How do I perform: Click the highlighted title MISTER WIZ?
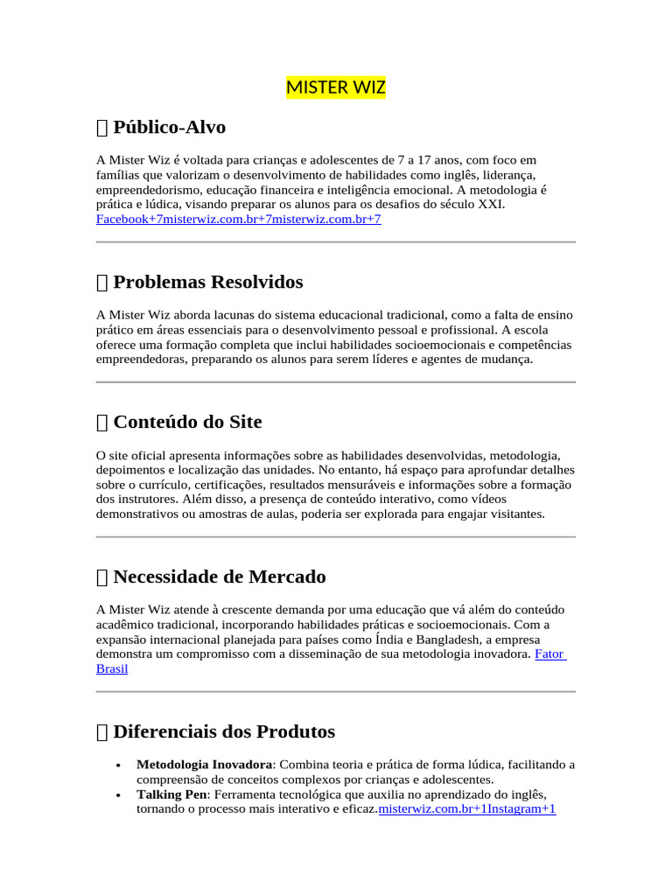(336, 88)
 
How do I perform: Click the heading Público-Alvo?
(169, 128)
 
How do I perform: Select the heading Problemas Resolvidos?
(207, 283)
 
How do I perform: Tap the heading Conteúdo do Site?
(187, 422)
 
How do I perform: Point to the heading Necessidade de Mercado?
(219, 577)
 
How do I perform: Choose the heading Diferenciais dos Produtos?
(223, 731)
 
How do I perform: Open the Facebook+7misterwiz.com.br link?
(238, 219)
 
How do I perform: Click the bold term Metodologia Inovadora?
(204, 765)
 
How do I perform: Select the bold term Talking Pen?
(171, 794)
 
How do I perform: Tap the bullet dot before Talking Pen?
(118, 795)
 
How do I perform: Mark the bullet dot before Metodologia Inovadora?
(118, 766)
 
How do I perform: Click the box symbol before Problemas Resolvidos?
(101, 283)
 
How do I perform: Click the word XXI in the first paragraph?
(491, 205)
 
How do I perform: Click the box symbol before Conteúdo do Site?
(101, 423)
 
